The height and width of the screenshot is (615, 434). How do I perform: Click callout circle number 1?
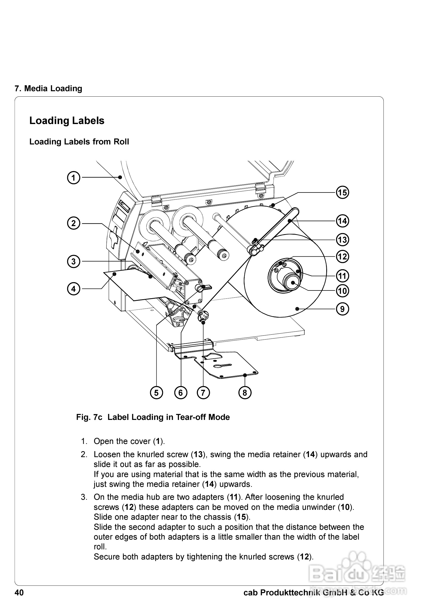(74, 178)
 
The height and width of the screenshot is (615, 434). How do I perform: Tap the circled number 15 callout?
(343, 193)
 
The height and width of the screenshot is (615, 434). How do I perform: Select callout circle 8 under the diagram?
(245, 393)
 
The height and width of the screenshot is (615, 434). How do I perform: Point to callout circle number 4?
(74, 289)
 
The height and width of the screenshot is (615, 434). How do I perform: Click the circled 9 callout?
(343, 309)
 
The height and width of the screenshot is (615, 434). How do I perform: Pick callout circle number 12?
(343, 257)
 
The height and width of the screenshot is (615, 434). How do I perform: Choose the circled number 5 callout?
(157, 393)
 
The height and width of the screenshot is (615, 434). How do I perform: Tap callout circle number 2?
(74, 224)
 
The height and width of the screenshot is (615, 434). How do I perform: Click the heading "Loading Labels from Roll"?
(79, 142)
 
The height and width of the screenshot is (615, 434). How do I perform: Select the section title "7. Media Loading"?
(48, 88)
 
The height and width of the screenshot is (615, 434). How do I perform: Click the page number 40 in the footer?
(19, 593)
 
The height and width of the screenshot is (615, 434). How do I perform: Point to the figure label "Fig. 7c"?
(89, 417)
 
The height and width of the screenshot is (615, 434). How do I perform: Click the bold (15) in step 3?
(242, 517)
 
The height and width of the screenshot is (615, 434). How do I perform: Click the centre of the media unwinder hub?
(293, 283)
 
